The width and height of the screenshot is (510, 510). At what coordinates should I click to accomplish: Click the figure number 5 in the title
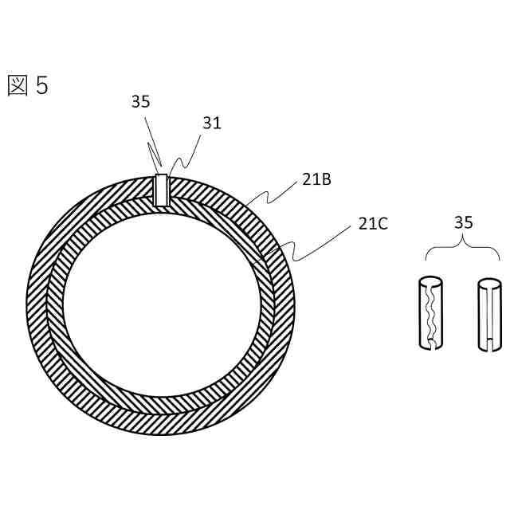point(42,85)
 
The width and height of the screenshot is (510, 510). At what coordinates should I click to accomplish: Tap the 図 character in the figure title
point(18,86)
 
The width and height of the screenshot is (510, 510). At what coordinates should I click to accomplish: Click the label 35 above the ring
point(140,101)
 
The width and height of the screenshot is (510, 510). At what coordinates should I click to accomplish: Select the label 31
point(212,123)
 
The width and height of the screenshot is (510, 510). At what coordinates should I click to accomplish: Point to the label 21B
point(316,179)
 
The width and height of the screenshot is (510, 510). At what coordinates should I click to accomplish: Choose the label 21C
point(373,224)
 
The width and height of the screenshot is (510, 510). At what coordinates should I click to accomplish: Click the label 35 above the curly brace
point(464,222)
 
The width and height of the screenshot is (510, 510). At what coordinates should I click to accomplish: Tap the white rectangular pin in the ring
point(162,190)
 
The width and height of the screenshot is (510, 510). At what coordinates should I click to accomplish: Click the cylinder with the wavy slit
point(430,313)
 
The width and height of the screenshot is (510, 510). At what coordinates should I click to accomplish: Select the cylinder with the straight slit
point(490,315)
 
